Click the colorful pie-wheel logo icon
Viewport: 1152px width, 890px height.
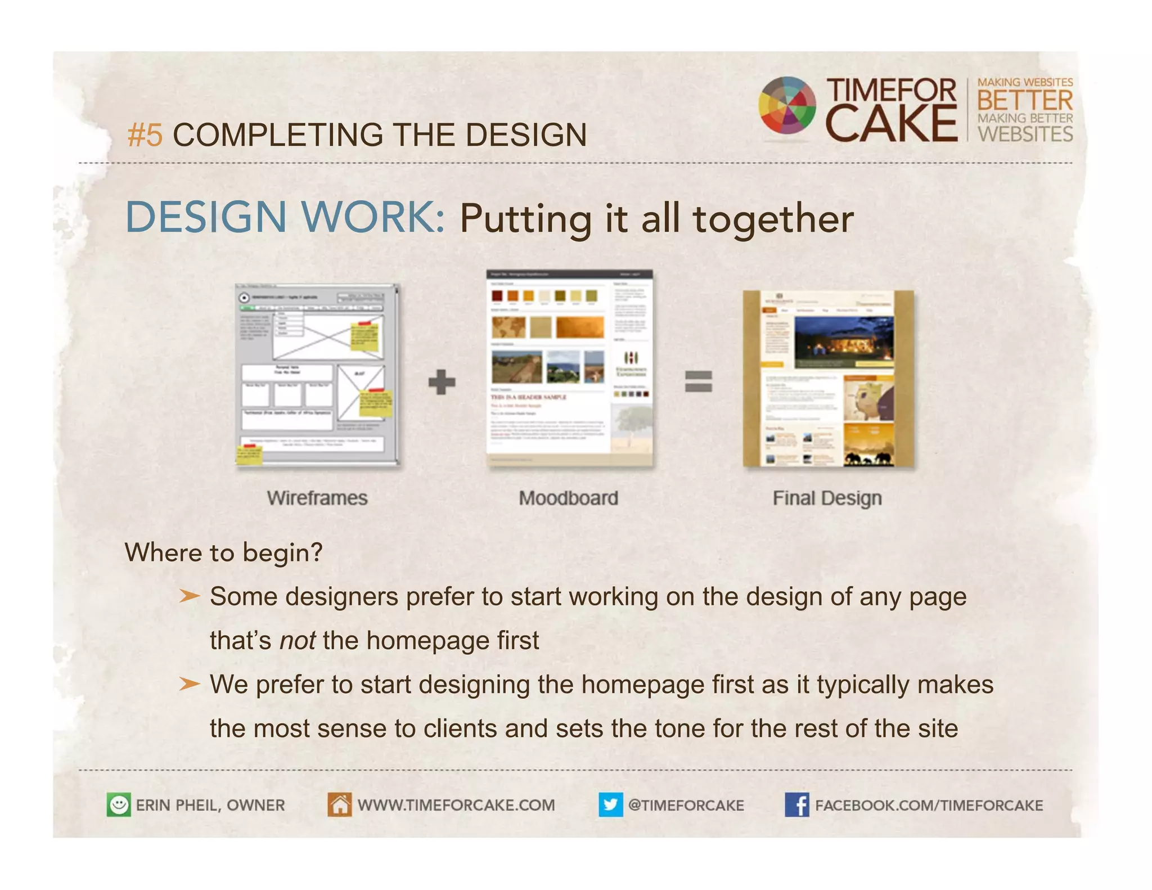[x=786, y=105]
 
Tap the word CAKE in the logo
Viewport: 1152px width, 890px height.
[x=890, y=124]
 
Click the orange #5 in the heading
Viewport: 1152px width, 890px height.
[x=145, y=136]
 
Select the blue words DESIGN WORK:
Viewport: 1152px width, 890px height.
[x=285, y=218]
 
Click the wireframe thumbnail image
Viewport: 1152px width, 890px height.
[x=317, y=375]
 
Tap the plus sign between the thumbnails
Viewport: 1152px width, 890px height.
[x=442, y=382]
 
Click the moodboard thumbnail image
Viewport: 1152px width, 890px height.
[x=569, y=368]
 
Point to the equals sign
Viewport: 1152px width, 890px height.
[x=698, y=381]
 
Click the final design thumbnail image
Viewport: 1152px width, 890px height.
[x=828, y=379]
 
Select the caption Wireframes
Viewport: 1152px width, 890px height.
[x=317, y=498]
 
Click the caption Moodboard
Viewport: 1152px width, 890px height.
[x=568, y=498]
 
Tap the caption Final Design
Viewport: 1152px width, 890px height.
[x=826, y=498]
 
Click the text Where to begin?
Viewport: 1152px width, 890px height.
[x=223, y=552]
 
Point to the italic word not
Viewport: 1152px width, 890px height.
[x=297, y=641]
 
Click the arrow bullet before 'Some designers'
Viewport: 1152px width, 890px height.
[x=189, y=596]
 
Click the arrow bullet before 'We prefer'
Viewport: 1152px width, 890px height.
[x=189, y=684]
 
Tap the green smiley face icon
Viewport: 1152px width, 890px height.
[x=119, y=804]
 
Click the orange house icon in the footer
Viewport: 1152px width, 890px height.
[x=339, y=804]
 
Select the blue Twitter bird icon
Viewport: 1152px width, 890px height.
[x=610, y=804]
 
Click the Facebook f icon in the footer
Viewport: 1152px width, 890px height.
[x=796, y=804]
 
